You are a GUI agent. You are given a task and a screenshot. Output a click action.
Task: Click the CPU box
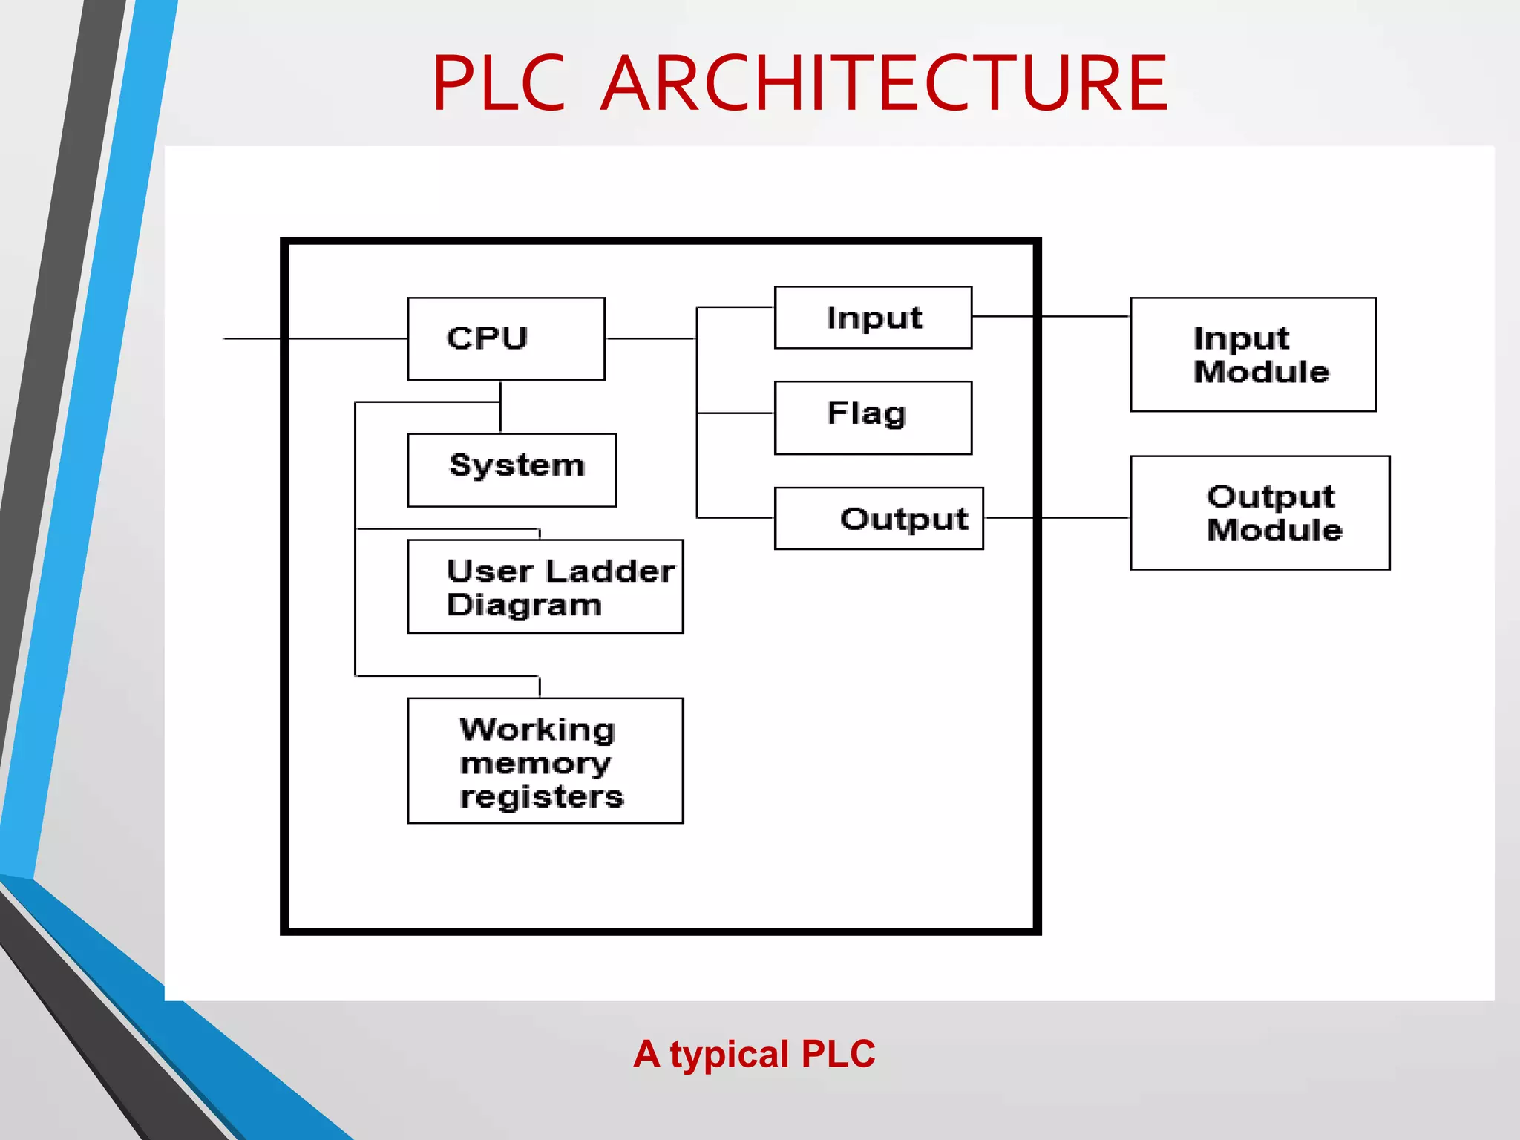505,338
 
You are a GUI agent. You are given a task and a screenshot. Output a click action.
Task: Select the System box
511,470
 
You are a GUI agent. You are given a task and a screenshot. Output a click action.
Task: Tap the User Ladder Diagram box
545,586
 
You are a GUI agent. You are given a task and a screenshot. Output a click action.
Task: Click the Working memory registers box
545,760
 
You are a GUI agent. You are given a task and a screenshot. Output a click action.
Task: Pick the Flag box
873,417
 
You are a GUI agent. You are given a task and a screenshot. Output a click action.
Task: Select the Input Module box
1252,354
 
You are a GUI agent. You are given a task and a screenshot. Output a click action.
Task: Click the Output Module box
1259,512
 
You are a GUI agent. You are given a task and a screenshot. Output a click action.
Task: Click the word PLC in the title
499,83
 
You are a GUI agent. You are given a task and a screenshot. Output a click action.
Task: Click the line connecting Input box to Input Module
1050,316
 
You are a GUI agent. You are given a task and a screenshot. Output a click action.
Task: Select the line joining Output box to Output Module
1055,517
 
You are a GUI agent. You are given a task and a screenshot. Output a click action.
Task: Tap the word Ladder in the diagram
609,571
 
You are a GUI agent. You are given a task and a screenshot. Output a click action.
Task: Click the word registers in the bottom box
542,797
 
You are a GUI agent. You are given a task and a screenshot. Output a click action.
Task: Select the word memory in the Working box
535,764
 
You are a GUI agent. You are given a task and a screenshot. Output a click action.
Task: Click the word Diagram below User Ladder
524,606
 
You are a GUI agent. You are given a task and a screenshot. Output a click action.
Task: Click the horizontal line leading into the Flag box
735,413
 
